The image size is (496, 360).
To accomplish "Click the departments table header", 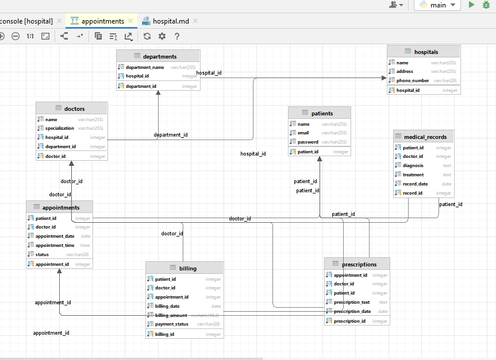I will point(159,56).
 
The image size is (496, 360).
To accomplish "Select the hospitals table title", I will point(425,52).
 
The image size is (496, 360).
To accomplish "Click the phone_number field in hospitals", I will point(412,81).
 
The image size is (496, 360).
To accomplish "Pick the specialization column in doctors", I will point(60,128).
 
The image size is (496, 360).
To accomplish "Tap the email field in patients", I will point(303,133).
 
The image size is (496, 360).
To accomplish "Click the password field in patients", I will point(307,142).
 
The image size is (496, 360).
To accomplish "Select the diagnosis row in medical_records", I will point(413,165).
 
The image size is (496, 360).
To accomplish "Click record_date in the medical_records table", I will point(415,184).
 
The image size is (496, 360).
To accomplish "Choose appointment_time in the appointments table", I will point(55,245).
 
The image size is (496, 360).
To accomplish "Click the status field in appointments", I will point(42,254).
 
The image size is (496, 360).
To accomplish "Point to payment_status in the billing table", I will point(171,324).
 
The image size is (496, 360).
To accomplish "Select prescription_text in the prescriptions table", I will point(351,302).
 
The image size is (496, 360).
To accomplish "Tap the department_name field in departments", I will point(145,67).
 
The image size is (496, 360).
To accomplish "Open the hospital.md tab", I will point(171,21).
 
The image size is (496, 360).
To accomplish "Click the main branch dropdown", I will point(437,5).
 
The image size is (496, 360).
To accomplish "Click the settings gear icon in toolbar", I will point(162,36).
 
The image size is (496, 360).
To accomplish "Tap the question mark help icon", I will point(177,36).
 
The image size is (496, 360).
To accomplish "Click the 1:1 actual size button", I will point(30,36).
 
